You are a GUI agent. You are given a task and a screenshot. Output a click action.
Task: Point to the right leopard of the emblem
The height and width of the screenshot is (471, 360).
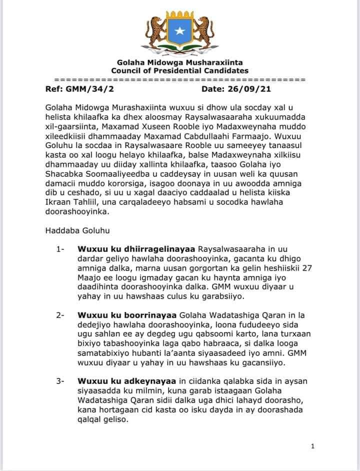click(204, 30)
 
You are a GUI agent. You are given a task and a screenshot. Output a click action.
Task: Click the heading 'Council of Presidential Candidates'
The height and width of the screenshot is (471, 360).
click(180, 71)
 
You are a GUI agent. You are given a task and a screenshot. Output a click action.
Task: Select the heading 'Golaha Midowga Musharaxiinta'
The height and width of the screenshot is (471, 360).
click(180, 63)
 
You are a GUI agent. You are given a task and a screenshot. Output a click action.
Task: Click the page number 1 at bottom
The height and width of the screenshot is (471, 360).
click(312, 446)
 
